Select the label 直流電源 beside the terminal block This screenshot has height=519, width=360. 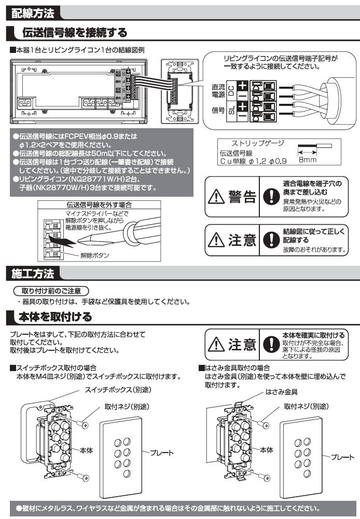[x=218, y=92]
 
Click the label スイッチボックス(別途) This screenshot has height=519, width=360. [x=110, y=390]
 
